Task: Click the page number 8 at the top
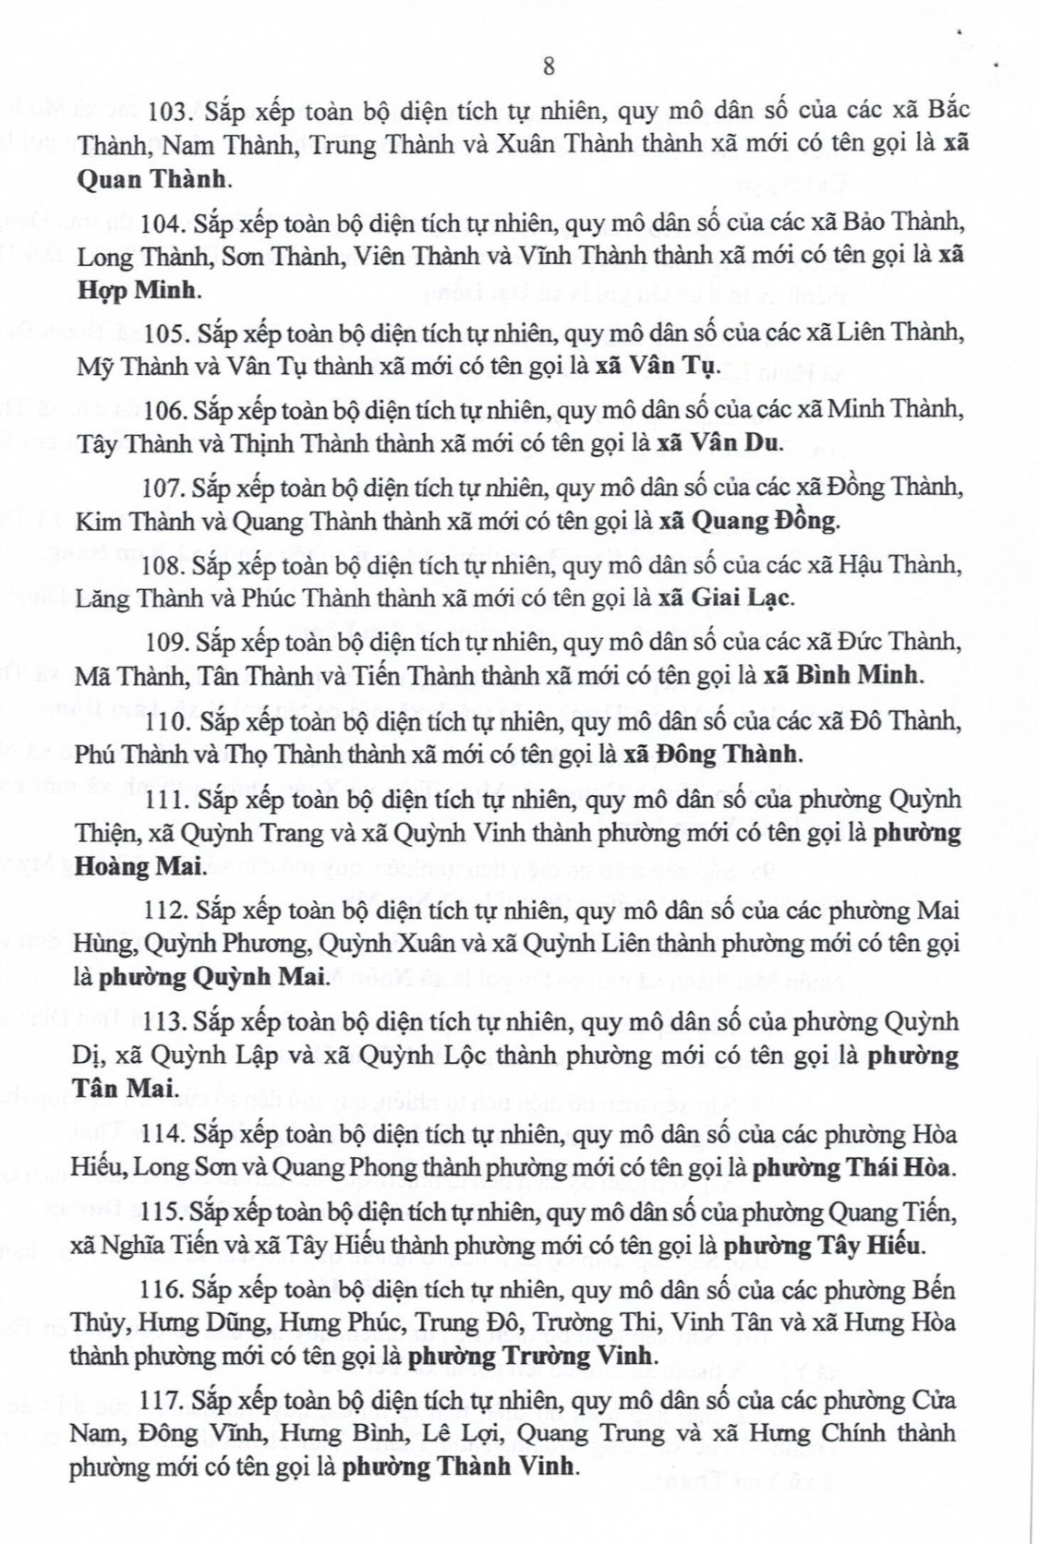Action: point(549,66)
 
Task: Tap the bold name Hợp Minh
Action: point(137,290)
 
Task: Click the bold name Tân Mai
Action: point(124,1088)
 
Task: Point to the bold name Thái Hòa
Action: point(893,1168)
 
